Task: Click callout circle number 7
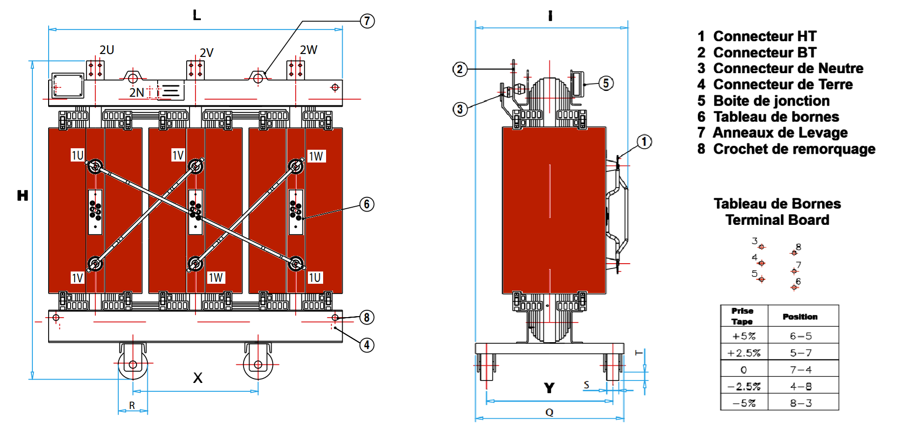coord(367,21)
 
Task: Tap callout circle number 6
coord(367,204)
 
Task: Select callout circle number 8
coord(367,318)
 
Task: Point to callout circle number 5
coord(606,83)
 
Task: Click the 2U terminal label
coord(107,50)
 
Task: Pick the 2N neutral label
coord(137,92)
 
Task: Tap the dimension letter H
coord(23,195)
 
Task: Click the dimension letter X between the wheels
coord(197,378)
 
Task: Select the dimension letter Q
coord(550,412)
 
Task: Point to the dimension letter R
coord(132,406)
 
